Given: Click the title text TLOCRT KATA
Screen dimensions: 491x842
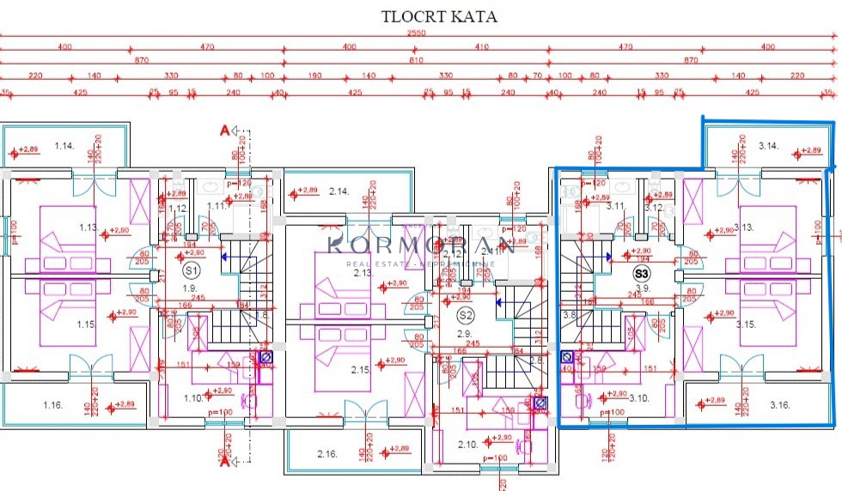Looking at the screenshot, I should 439,15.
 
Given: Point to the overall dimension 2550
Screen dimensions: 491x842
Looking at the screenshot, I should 417,33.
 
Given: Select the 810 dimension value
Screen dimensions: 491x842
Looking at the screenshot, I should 417,61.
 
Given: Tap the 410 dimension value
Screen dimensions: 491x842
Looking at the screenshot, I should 481,47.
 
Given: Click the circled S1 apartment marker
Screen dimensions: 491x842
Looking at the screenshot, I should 191,269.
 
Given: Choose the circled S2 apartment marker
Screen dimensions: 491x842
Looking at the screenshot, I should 466,315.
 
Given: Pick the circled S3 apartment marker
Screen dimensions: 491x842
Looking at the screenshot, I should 641,274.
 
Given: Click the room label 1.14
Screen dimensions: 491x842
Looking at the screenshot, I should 64,146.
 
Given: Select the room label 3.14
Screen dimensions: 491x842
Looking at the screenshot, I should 768,146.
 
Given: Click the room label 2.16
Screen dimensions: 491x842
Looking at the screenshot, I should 326,453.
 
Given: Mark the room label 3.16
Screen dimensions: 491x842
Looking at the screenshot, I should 779,404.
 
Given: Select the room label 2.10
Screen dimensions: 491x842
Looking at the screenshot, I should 467,444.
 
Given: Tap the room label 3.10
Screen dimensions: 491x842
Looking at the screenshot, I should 639,397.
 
